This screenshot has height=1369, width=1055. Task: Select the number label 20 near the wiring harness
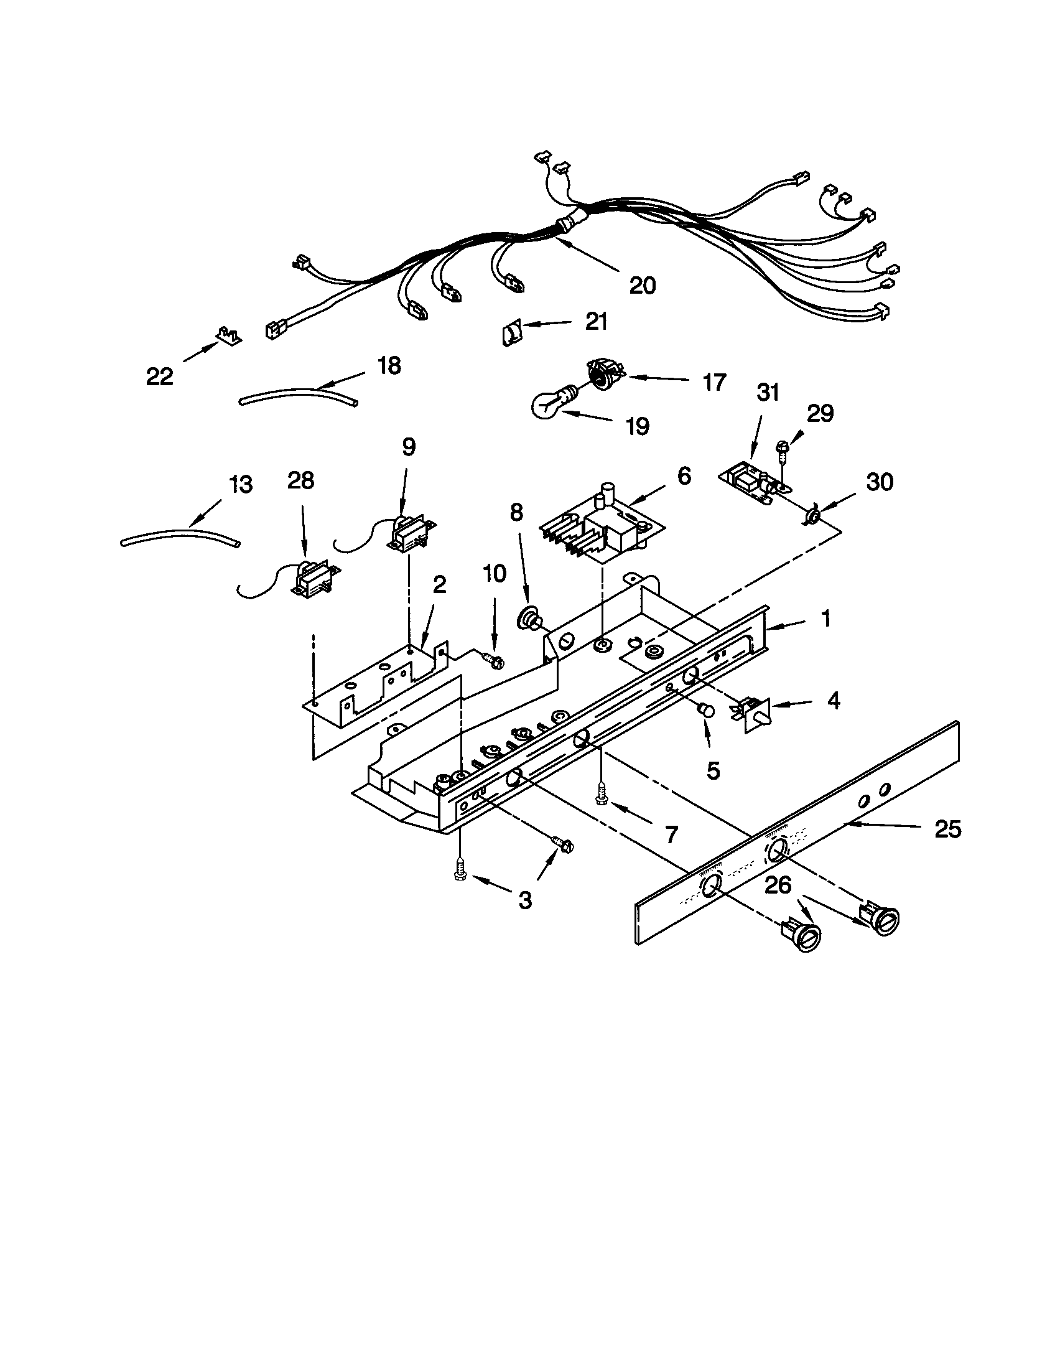[x=642, y=286]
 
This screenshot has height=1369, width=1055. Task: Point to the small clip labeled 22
[x=229, y=336]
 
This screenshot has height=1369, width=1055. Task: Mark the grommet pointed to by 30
[x=813, y=516]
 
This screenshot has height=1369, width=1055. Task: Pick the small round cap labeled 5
[x=707, y=710]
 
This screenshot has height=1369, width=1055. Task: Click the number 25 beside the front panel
[x=947, y=830]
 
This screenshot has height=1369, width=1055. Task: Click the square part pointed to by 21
[x=511, y=331]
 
